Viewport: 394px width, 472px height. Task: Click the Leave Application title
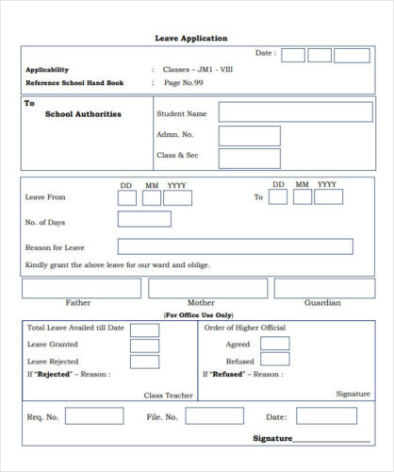(x=191, y=38)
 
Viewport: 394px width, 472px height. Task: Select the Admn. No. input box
(x=249, y=136)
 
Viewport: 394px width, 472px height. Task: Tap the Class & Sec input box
(x=249, y=158)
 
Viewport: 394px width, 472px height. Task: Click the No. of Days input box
(x=144, y=219)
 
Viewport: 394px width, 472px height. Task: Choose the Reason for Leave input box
(x=235, y=246)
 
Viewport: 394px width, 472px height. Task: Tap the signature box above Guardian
(x=320, y=288)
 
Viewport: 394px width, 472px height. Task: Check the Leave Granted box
(x=144, y=345)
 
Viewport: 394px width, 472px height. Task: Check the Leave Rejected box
(x=144, y=361)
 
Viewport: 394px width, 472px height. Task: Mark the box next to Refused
(x=275, y=360)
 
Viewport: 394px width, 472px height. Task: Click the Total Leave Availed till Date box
(x=144, y=329)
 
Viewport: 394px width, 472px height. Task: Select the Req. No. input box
(x=93, y=416)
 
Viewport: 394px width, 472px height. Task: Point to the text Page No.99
(x=184, y=83)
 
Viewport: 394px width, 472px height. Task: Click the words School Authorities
(x=83, y=114)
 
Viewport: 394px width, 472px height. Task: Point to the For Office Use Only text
(x=198, y=314)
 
